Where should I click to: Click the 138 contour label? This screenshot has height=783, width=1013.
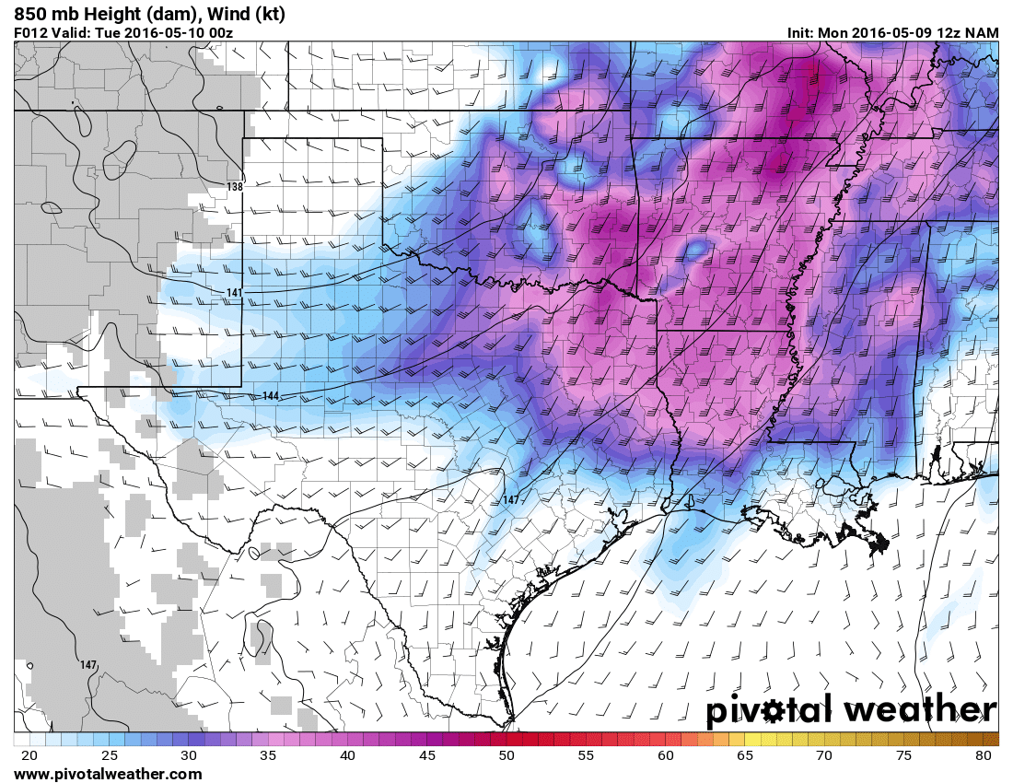coord(235,187)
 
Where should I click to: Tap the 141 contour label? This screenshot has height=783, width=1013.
coord(234,293)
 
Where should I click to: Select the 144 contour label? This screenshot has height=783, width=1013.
coord(271,396)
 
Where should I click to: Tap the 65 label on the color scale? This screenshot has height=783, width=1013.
coord(745,756)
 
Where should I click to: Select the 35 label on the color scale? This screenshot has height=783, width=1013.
coord(268,756)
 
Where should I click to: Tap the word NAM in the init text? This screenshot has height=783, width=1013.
coord(982,33)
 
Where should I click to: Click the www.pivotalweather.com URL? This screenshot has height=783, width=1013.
coord(108,774)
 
